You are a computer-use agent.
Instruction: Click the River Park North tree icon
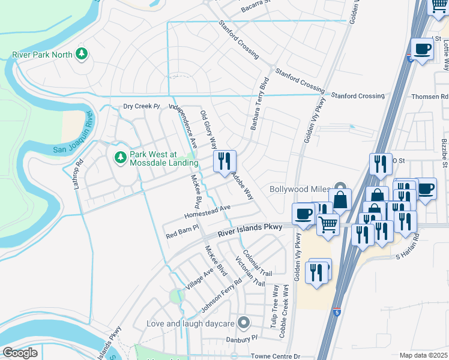point(82,55)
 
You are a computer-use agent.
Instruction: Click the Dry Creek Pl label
point(141,107)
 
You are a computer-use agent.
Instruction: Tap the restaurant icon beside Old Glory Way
point(225,161)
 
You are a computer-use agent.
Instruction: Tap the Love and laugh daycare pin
point(243,323)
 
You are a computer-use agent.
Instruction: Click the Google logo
point(19,353)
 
